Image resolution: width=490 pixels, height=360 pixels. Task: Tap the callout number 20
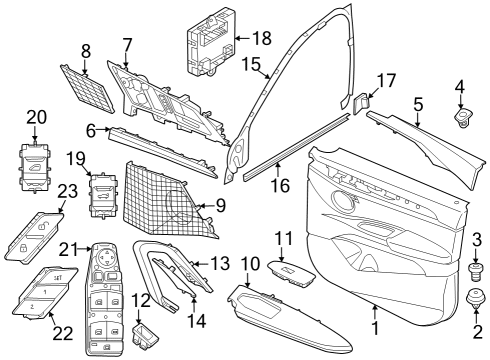[x=36, y=118]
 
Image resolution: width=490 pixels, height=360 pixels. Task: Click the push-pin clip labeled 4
[x=463, y=119]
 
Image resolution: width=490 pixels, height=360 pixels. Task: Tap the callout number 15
[x=251, y=66]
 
